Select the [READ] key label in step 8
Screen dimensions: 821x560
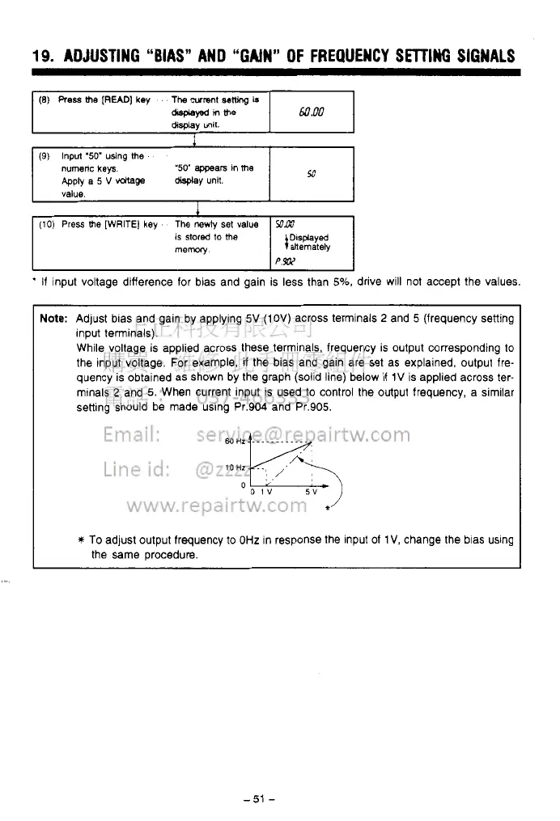tap(114, 100)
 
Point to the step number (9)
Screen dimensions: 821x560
tap(46, 156)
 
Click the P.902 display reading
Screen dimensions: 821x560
tap(286, 260)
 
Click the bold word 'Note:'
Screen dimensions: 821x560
tap(53, 319)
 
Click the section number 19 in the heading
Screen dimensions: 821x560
tap(41, 56)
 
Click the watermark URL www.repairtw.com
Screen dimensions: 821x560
tap(216, 506)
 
